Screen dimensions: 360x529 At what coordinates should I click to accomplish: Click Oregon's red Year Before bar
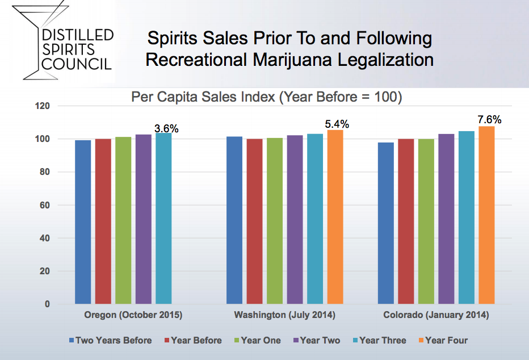click(x=103, y=221)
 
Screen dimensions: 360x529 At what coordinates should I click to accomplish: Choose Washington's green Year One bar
click(x=275, y=221)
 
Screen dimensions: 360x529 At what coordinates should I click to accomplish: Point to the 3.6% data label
click(x=166, y=128)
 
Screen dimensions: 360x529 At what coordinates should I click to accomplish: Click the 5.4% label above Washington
click(x=337, y=124)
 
